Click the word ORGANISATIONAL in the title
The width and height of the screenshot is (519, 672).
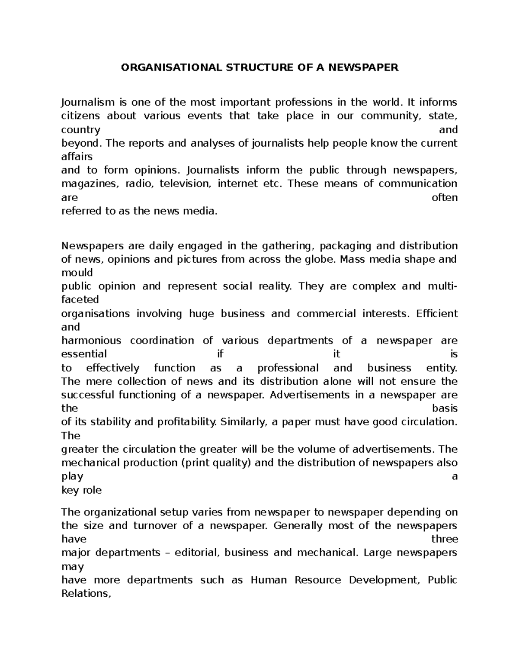pyautogui.click(x=171, y=68)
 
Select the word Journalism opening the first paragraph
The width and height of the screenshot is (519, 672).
pyautogui.click(x=88, y=103)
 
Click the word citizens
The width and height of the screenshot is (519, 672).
pyautogui.click(x=80, y=116)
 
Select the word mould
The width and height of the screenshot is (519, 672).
pyautogui.click(x=77, y=273)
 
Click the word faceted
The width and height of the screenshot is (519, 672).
pyautogui.click(x=80, y=299)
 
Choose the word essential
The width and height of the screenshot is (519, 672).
pyautogui.click(x=84, y=354)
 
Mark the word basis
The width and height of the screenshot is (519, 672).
pyautogui.click(x=445, y=408)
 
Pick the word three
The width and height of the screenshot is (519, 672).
pyautogui.click(x=445, y=539)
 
